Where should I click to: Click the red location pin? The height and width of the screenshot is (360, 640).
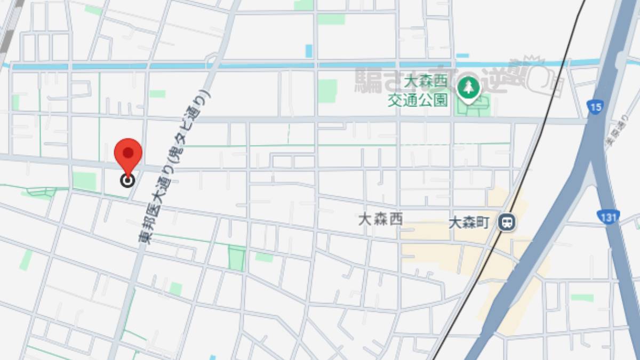pyautogui.click(x=128, y=153)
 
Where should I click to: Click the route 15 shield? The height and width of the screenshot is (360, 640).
pyautogui.click(x=596, y=107)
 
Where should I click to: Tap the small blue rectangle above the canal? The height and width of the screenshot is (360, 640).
pyautogui.click(x=308, y=51)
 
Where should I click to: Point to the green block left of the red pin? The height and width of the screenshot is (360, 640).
pyautogui.click(x=84, y=181)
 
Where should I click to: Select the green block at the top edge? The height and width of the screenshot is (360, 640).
pyautogui.click(x=331, y=19)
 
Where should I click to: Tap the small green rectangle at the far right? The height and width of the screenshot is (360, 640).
pyautogui.click(x=582, y=298)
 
